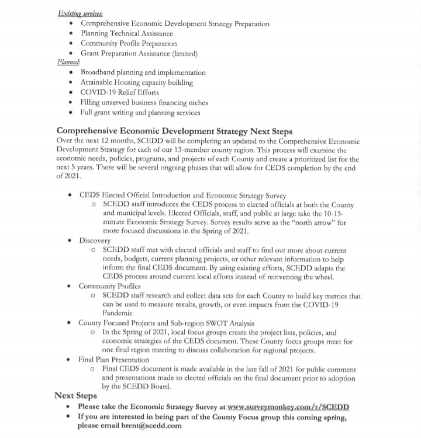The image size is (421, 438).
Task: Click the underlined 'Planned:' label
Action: pyautogui.click(x=68, y=62)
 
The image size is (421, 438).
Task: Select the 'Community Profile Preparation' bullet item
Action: pyautogui.click(x=129, y=44)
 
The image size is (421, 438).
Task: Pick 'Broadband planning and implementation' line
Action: pyautogui.click(x=143, y=72)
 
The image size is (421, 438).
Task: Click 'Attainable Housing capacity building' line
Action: pyautogui.click(x=136, y=82)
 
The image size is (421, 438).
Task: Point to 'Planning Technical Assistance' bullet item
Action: pyautogui.click(x=127, y=34)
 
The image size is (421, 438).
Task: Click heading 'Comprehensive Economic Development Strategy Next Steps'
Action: pyautogui.click(x=174, y=131)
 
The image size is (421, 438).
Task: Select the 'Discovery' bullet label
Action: pyautogui.click(x=95, y=240)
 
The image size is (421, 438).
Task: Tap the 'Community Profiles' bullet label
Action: pyautogui.click(x=110, y=286)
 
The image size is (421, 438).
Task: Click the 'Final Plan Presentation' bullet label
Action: pyautogui.click(x=114, y=359)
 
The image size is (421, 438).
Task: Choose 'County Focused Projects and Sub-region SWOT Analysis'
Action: pyautogui.click(x=167, y=322)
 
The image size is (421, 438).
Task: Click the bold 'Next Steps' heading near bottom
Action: pyautogui.click(x=75, y=395)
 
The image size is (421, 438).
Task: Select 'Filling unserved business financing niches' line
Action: pyautogui.click(x=144, y=102)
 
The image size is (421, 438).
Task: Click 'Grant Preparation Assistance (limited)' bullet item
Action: pyautogui.click(x=139, y=53)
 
